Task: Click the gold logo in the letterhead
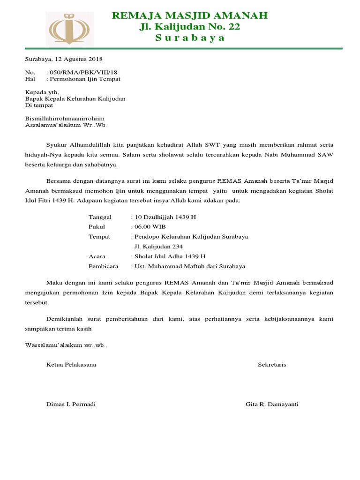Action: coord(69,29)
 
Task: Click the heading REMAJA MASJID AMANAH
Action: coord(190,15)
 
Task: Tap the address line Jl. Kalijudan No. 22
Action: coord(190,27)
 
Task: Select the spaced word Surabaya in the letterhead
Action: coord(190,38)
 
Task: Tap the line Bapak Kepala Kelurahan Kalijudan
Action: coord(75,99)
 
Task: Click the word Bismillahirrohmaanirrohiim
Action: coord(65,119)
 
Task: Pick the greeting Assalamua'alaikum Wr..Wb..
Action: coord(67,125)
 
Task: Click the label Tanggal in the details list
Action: coord(100,217)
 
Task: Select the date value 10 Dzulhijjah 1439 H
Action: coord(165,217)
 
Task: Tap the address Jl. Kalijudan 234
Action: coord(158,247)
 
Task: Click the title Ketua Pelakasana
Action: coord(71,364)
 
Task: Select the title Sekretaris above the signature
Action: coord(272,364)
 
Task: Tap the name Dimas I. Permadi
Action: coord(70,404)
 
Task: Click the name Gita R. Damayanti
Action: coord(272,404)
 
